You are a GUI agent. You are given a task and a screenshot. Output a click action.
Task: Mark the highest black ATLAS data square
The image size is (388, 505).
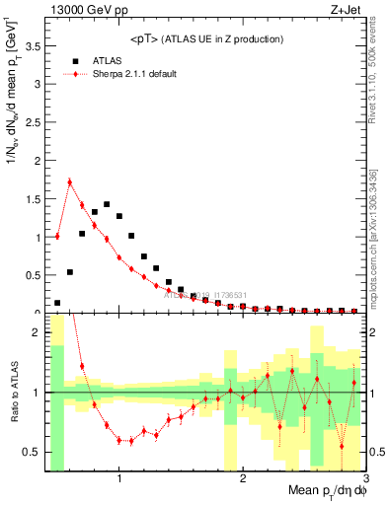pos(107,204)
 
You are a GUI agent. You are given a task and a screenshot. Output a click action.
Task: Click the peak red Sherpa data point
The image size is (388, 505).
pos(70,181)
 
